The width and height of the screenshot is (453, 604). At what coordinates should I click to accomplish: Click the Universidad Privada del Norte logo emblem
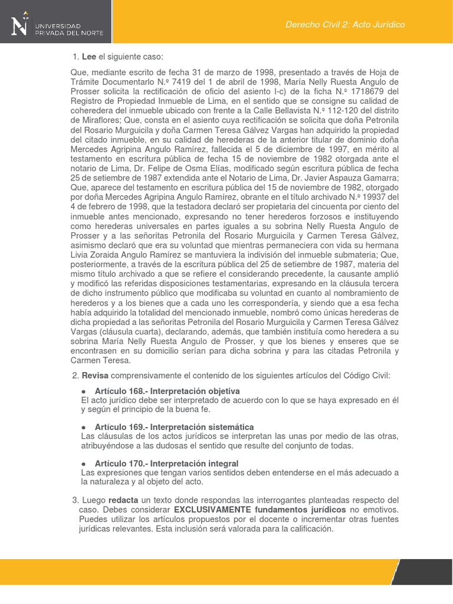pyautogui.click(x=19, y=25)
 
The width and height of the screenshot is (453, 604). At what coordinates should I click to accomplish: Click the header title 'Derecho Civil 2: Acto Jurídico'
pyautogui.click(x=344, y=25)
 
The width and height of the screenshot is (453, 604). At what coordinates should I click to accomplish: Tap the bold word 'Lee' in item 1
pyautogui.click(x=88, y=57)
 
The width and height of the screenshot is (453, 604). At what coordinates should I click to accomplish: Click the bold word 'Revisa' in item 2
pyautogui.click(x=95, y=376)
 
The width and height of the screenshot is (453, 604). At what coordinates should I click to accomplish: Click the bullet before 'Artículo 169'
pyautogui.click(x=84, y=426)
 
